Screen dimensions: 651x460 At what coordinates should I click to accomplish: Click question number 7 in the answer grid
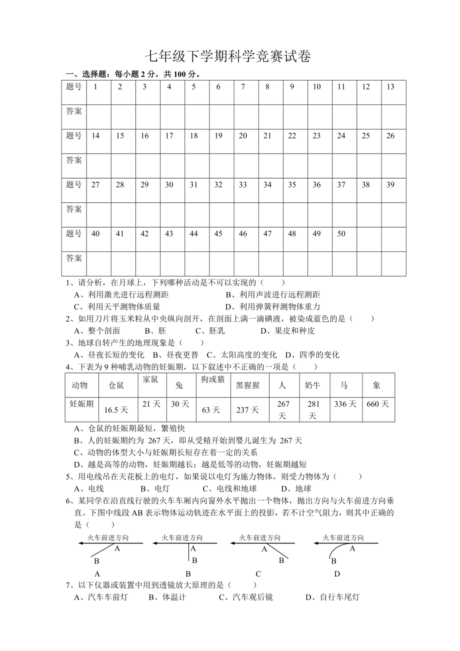[x=243, y=87]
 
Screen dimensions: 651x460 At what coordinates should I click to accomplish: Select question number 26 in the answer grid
[x=390, y=136]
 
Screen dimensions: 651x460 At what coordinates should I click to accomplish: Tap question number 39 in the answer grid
[x=390, y=185]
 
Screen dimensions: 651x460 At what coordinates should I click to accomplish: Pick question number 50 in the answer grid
[x=341, y=234]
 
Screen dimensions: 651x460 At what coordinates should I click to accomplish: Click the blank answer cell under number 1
[x=98, y=116]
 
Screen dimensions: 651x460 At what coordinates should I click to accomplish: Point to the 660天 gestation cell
[x=377, y=404]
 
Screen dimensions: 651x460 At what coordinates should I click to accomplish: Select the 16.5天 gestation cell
[x=116, y=410]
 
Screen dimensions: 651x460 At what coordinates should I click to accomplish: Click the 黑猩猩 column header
[x=248, y=385]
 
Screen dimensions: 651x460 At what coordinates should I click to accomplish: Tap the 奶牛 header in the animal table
[x=312, y=385]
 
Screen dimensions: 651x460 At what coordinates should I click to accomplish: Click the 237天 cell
[x=248, y=410]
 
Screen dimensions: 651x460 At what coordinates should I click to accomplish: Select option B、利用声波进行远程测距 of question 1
[x=272, y=294]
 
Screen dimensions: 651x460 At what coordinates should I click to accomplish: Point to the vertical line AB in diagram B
[x=189, y=552]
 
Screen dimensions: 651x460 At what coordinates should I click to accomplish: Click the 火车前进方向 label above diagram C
[x=259, y=537]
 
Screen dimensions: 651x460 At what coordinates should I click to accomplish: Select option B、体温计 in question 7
[x=167, y=597]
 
